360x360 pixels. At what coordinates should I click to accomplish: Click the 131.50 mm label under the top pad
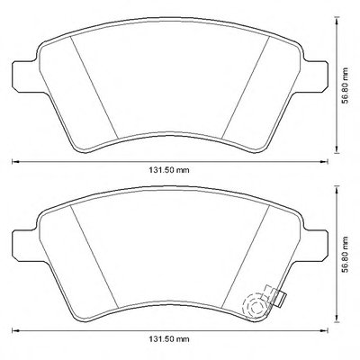pos(169,170)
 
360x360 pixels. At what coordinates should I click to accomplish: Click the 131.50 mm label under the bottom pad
pos(169,339)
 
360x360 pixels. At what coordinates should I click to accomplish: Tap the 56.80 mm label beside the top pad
pos(346,85)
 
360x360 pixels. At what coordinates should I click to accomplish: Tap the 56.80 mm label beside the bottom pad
pos(346,255)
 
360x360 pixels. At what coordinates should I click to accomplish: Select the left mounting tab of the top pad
pos(25,76)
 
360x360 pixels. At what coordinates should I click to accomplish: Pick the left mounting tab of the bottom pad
pos(25,245)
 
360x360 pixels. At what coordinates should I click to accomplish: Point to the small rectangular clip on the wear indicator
pos(281,300)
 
